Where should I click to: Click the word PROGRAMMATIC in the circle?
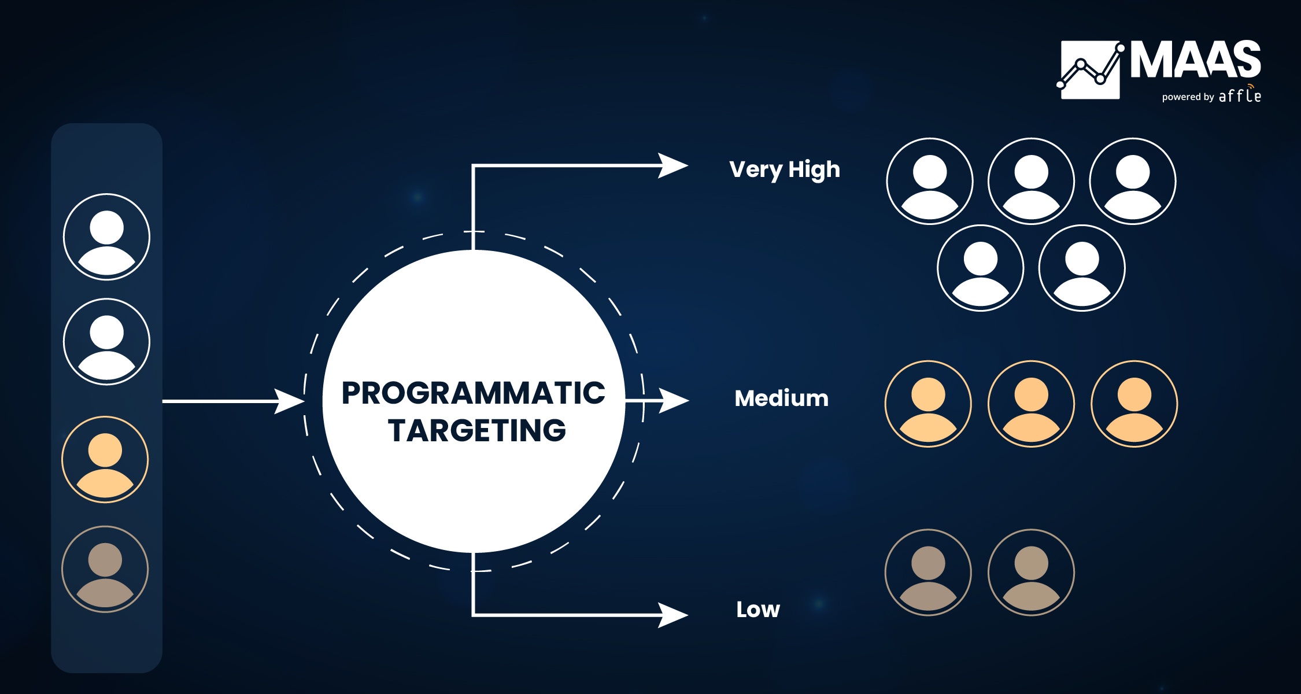[474, 393]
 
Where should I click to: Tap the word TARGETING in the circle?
[477, 430]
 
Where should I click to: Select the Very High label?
[785, 170]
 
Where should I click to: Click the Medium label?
[782, 398]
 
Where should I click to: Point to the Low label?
[758, 609]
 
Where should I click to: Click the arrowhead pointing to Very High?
[673, 166]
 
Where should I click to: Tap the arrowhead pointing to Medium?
[674, 400]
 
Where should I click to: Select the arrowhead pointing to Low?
[673, 615]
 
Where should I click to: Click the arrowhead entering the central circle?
[289, 401]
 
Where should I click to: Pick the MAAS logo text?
[1196, 60]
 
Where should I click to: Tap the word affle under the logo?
[1240, 94]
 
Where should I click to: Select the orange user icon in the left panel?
[105, 459]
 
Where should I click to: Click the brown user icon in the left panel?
[105, 569]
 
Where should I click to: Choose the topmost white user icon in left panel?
[106, 237]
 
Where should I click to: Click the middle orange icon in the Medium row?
[1032, 404]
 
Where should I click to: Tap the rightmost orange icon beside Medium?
[1134, 404]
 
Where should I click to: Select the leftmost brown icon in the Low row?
[928, 573]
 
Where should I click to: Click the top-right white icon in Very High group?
[1133, 181]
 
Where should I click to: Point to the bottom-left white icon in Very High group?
[981, 268]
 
